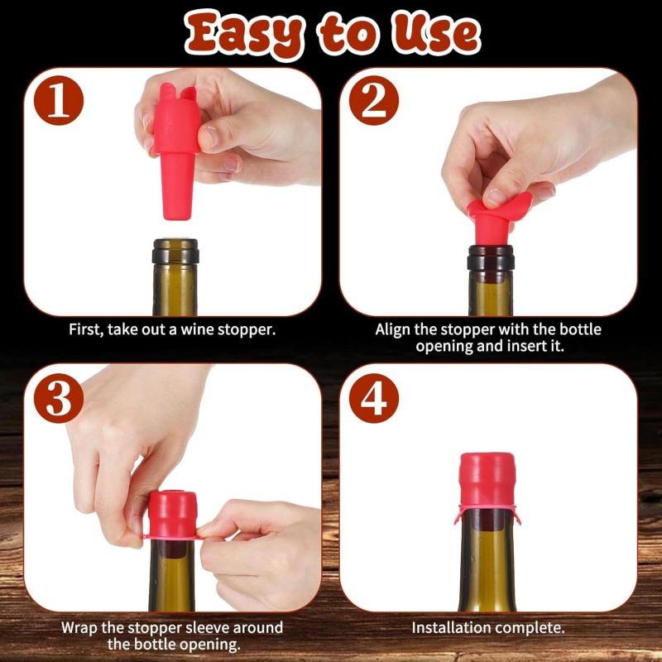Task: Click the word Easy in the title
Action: (x=244, y=35)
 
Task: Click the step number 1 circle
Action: (x=59, y=100)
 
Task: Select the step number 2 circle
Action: (x=374, y=100)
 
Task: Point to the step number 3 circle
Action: (x=59, y=398)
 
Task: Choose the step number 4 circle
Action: (x=374, y=398)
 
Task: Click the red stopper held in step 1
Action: (x=176, y=150)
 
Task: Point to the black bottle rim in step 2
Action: (x=491, y=258)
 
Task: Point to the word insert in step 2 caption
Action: (x=526, y=346)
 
